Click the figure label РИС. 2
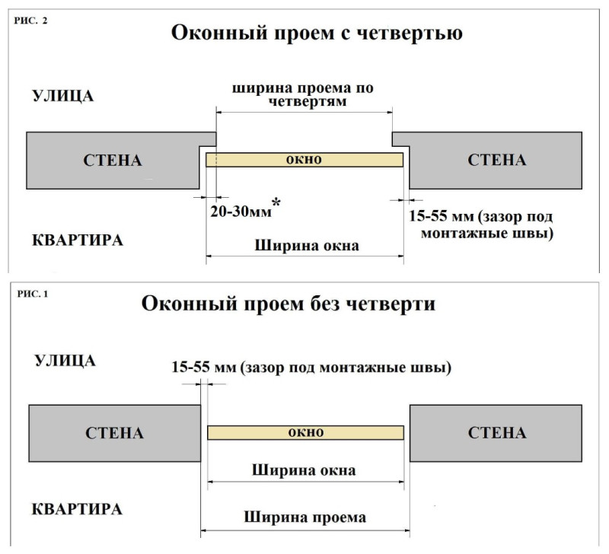(30, 21)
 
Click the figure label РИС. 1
(33, 294)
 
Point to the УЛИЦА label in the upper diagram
(62, 96)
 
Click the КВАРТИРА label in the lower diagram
(77, 509)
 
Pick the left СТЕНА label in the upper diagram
(113, 161)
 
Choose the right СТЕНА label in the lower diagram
(497, 432)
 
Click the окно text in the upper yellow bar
(304, 160)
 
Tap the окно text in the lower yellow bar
(306, 432)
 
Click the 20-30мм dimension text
(241, 212)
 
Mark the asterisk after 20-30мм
(276, 202)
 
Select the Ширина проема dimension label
(305, 517)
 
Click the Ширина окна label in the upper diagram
(307, 246)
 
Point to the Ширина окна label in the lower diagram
(304, 470)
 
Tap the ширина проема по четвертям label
(303, 94)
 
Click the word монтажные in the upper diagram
(458, 234)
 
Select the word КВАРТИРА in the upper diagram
(78, 240)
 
